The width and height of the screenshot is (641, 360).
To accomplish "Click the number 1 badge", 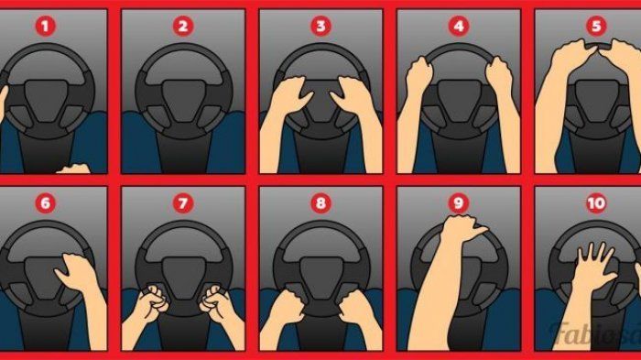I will pos(47,27).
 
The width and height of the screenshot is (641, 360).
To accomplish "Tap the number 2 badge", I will pos(183,27).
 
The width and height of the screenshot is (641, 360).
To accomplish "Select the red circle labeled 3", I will pos(320,27).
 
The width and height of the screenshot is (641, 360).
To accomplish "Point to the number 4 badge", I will pos(458,27).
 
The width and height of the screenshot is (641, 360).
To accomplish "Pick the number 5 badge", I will pos(596,27).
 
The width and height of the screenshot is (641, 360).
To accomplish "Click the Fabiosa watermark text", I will pos(596,332).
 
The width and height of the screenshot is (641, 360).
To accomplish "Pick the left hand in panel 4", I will pos(418,73).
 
